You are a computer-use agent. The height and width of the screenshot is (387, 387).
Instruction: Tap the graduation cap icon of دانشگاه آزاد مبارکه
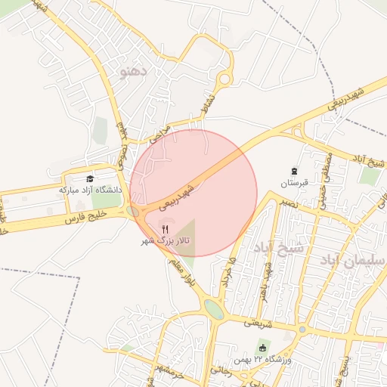pyautogui.click(x=90, y=179)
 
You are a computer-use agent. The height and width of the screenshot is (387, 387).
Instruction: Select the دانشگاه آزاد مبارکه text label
pyautogui.click(x=90, y=190)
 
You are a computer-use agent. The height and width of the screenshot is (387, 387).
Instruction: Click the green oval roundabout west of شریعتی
pyautogui.click(x=214, y=309)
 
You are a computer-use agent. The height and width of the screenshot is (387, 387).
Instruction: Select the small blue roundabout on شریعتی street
pyautogui.click(x=302, y=330)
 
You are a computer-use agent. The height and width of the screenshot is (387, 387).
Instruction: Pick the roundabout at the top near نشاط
pyautogui.click(x=224, y=79)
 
